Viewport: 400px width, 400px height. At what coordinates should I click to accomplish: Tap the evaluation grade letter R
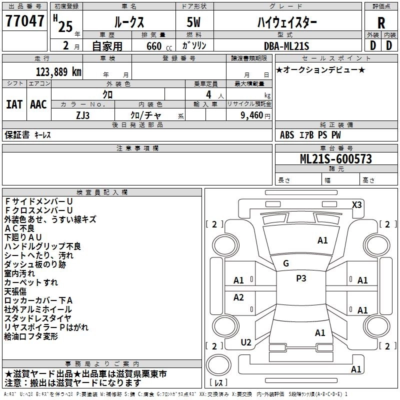tap(381, 23)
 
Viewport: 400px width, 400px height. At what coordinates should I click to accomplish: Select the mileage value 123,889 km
tap(58, 71)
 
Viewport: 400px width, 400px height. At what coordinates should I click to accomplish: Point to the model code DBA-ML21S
tap(286, 46)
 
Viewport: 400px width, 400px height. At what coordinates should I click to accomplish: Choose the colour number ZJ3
tap(83, 115)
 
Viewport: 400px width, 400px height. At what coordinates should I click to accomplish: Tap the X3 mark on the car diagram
tap(356, 204)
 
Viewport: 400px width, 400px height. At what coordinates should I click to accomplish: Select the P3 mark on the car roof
tap(301, 278)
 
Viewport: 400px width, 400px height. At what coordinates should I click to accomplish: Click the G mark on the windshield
tap(285, 263)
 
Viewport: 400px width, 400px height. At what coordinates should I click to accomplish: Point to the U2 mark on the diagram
tap(246, 342)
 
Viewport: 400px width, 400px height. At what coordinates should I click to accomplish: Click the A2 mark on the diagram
tap(239, 297)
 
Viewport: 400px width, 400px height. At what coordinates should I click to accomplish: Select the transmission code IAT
tap(14, 104)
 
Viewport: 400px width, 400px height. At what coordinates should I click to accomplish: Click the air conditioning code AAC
tap(38, 104)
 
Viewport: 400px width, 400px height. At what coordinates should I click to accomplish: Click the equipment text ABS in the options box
tap(287, 134)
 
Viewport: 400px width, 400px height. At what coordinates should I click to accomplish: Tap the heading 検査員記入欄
tap(102, 192)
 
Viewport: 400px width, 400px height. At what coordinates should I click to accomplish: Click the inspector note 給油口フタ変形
tap(31, 336)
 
